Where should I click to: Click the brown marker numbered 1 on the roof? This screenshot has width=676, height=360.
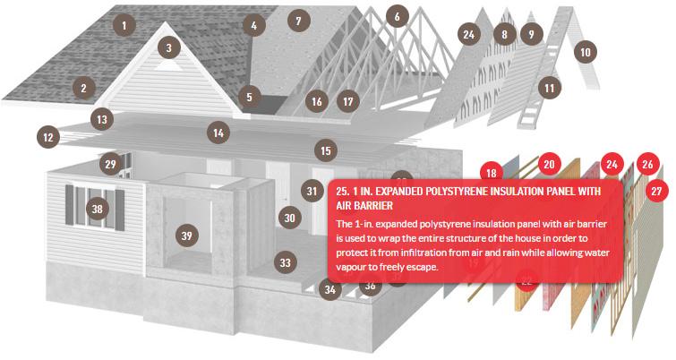124,25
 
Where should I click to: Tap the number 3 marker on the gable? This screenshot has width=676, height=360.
168,47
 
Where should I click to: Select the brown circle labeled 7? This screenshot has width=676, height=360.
298,21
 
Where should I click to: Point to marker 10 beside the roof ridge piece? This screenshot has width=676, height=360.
585,52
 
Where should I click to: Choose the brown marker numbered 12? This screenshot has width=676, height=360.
47,137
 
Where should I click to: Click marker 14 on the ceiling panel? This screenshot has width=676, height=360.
218,133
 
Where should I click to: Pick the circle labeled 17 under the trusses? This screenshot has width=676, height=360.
348,101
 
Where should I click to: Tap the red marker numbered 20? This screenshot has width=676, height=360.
548,164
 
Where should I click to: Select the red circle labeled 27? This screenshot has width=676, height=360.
656,191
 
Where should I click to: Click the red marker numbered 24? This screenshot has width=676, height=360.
612,164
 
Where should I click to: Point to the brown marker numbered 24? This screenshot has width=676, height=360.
468,34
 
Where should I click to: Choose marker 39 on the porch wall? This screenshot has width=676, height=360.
186,236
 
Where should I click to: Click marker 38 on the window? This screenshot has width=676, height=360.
97,209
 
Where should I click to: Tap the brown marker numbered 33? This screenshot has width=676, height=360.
285,262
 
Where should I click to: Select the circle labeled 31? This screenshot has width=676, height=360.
312,191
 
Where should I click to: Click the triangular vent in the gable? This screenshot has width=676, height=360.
168,65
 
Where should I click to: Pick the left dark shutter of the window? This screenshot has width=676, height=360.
70,205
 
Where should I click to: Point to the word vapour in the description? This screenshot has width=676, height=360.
351,267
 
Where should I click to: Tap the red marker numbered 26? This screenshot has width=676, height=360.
647,164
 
